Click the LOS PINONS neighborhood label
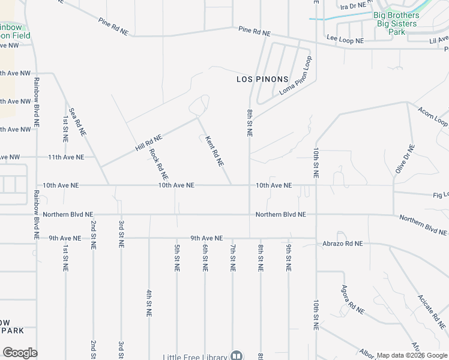click(x=262, y=79)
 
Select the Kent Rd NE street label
click(x=214, y=151)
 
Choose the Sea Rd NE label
click(x=78, y=121)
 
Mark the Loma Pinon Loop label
click(x=297, y=76)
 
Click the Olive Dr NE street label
click(x=403, y=159)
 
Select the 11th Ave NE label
click(x=66, y=157)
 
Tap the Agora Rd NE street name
click(x=353, y=300)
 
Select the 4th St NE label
click(x=149, y=302)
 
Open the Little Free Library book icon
click(x=236, y=356)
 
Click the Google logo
click(x=20, y=353)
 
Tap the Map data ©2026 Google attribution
click(x=412, y=355)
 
